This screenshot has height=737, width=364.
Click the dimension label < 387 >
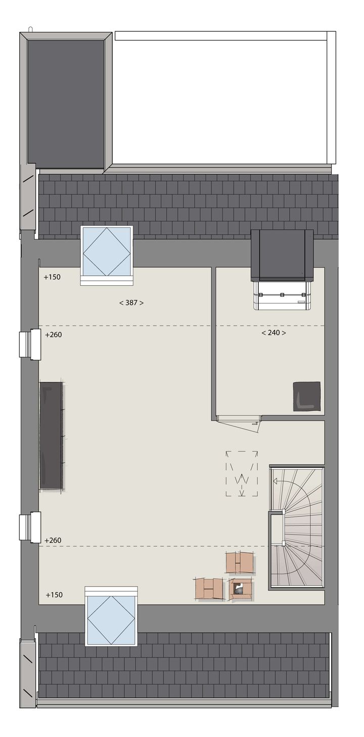pyautogui.click(x=131, y=303)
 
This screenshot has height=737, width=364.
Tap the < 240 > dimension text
pyautogui.click(x=274, y=333)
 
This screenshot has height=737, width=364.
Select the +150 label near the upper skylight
pyautogui.click(x=52, y=277)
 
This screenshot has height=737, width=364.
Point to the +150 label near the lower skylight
pyautogui.click(x=54, y=595)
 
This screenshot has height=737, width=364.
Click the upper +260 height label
pyautogui.click(x=53, y=335)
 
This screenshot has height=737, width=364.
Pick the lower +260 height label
pyautogui.click(x=53, y=541)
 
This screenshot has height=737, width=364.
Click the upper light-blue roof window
pyautogui.click(x=107, y=251)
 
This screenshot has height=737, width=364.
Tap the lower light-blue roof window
pyautogui.click(x=111, y=619)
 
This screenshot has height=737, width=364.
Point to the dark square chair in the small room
pyautogui.click(x=307, y=396)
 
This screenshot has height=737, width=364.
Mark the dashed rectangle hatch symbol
pyautogui.click(x=242, y=473)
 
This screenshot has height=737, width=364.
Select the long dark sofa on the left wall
pyautogui.click(x=51, y=436)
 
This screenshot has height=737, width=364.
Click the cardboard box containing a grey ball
pyautogui.click(x=241, y=589)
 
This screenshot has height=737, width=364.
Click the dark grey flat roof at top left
pyautogui.click(x=66, y=103)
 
